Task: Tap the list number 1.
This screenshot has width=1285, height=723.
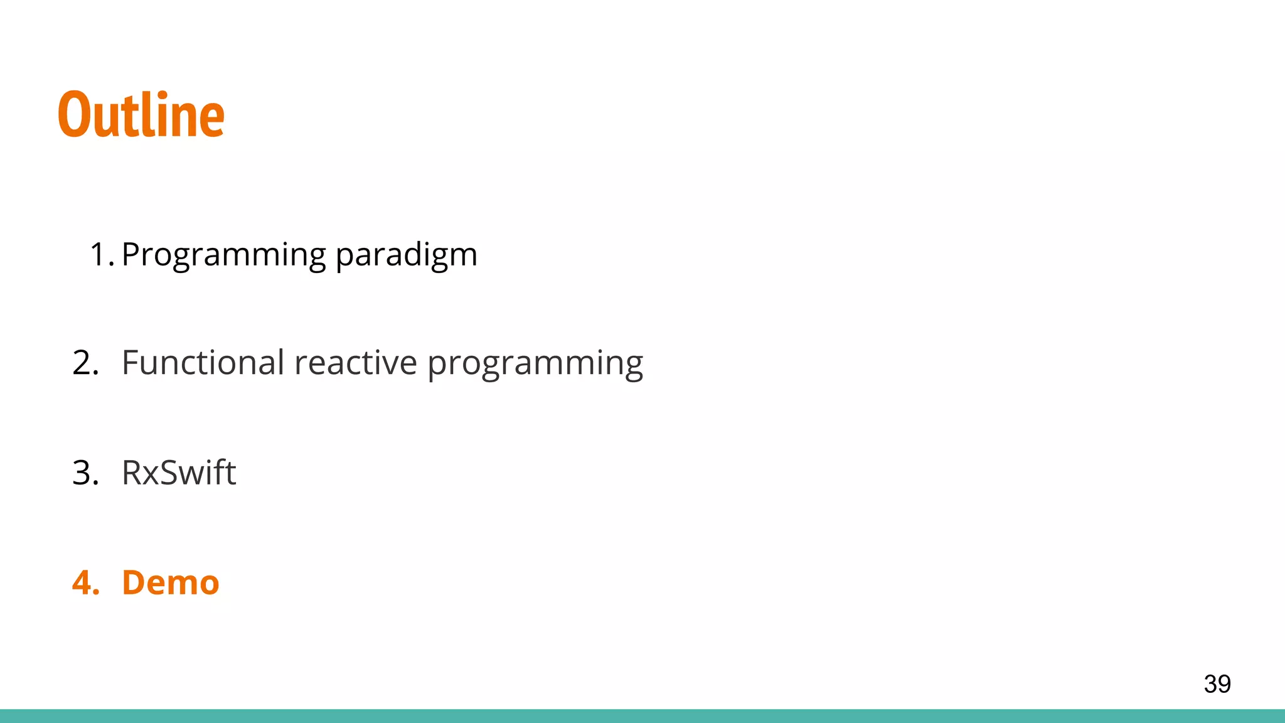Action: tap(99, 255)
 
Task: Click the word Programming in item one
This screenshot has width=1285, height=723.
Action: tap(224, 255)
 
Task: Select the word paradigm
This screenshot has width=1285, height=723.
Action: tap(406, 255)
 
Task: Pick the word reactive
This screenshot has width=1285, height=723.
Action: tap(355, 363)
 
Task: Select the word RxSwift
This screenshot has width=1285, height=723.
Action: tap(179, 473)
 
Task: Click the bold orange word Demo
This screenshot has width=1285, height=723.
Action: tap(170, 582)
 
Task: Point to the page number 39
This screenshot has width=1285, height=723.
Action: tap(1217, 683)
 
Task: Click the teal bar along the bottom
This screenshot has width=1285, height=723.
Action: tap(642, 716)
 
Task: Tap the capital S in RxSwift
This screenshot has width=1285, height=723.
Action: tap(167, 473)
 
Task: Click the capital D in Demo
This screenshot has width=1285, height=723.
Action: tap(135, 582)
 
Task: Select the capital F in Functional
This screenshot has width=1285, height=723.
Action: tap(131, 363)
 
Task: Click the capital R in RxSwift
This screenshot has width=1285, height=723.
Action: tap(132, 473)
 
